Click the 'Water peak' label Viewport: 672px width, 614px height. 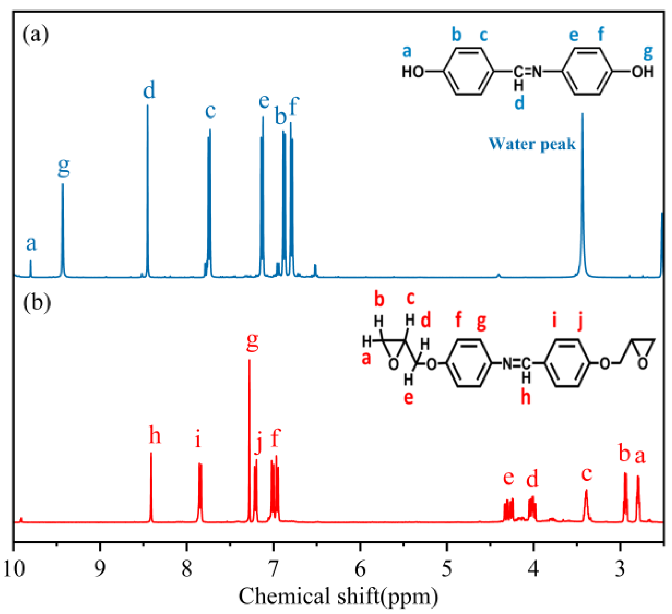532,144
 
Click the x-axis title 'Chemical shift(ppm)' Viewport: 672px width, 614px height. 338,597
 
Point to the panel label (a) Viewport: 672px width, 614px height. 35,35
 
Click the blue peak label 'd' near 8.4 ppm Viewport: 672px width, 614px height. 149,90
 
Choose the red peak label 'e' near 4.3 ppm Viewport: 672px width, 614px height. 508,477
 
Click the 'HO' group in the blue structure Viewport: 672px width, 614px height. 413,72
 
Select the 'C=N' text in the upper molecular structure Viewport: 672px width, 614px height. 528,72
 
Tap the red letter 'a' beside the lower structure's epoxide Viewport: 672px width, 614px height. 366,358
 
